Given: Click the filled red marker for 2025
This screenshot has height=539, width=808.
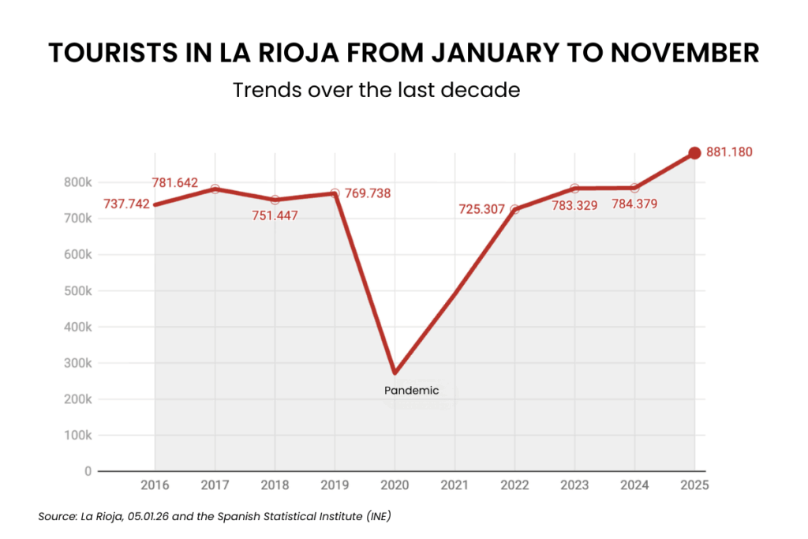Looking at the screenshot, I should pyautogui.click(x=694, y=153).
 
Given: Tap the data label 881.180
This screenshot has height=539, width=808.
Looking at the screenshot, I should pyautogui.click(x=730, y=152).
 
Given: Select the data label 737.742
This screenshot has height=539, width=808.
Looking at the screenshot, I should pyautogui.click(x=126, y=204).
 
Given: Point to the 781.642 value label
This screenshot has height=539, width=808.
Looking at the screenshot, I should pyautogui.click(x=175, y=183).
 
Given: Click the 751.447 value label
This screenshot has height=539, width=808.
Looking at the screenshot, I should pyautogui.click(x=275, y=216).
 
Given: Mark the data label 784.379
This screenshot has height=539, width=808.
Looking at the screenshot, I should pyautogui.click(x=635, y=205).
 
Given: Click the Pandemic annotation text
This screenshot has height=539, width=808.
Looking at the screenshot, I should pyautogui.click(x=410, y=390).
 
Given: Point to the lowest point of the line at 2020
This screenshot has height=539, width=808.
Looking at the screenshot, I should pyautogui.click(x=395, y=372).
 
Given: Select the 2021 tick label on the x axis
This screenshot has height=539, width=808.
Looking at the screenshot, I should pyautogui.click(x=454, y=484).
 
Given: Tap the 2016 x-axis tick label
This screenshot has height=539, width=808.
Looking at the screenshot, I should pyautogui.click(x=155, y=484).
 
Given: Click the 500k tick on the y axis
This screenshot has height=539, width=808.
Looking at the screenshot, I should pyautogui.click(x=78, y=291).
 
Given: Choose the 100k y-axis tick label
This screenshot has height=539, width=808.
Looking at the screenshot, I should pyautogui.click(x=78, y=436).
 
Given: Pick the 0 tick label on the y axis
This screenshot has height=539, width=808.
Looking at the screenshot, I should pyautogui.click(x=88, y=472).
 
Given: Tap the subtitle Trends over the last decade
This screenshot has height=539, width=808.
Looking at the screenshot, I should pyautogui.click(x=376, y=90).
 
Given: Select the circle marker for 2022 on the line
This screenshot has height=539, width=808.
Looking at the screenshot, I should pyautogui.click(x=514, y=209).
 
